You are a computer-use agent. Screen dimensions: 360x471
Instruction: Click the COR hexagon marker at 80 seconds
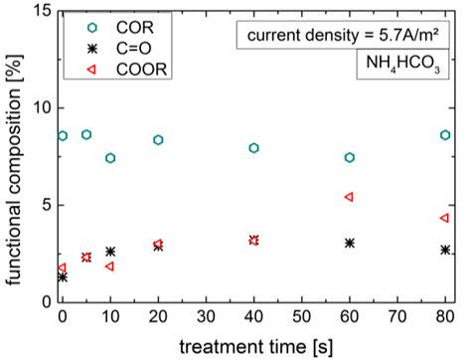pyautogui.click(x=445, y=135)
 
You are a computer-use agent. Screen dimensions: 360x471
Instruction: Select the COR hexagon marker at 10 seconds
pyautogui.click(x=110, y=158)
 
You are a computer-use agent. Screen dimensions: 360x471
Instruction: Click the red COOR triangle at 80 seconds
pyautogui.click(x=445, y=218)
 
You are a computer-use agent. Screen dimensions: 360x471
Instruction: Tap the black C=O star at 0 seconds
pyautogui.click(x=63, y=277)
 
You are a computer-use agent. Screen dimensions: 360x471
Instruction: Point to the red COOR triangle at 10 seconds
pyautogui.click(x=109, y=267)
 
